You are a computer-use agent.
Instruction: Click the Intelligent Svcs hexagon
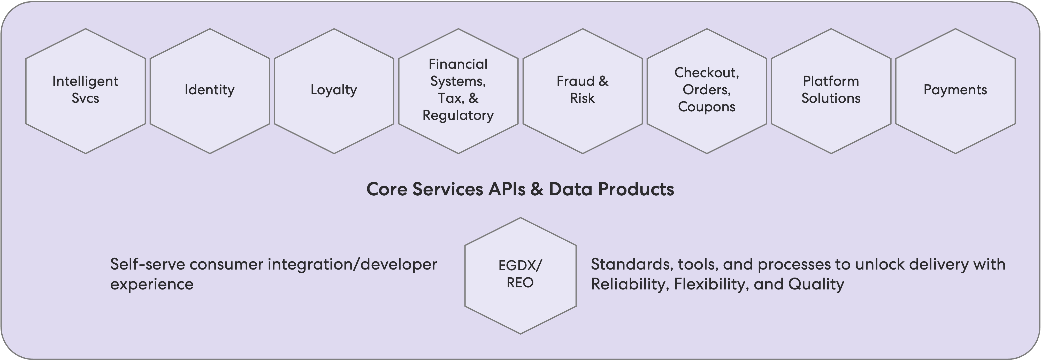pyautogui.click(x=86, y=91)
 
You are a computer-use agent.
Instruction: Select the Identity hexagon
pyautogui.click(x=210, y=91)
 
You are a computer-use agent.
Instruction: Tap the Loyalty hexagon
pyautogui.click(x=334, y=91)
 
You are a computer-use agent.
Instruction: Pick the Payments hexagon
pyautogui.click(x=955, y=91)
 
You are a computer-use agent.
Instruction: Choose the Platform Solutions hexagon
pyautogui.click(x=831, y=91)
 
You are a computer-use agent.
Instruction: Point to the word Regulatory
pyautogui.click(x=458, y=116)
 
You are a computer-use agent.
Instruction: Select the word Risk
pyautogui.click(x=582, y=98)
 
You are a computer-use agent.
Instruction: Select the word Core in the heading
pyautogui.click(x=387, y=189)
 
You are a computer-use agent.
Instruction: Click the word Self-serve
pyautogui.click(x=147, y=264)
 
